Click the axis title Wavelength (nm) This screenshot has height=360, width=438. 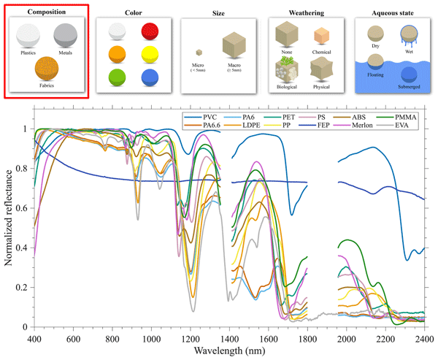[x=229, y=352]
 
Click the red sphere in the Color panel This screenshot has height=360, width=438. [x=149, y=32]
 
